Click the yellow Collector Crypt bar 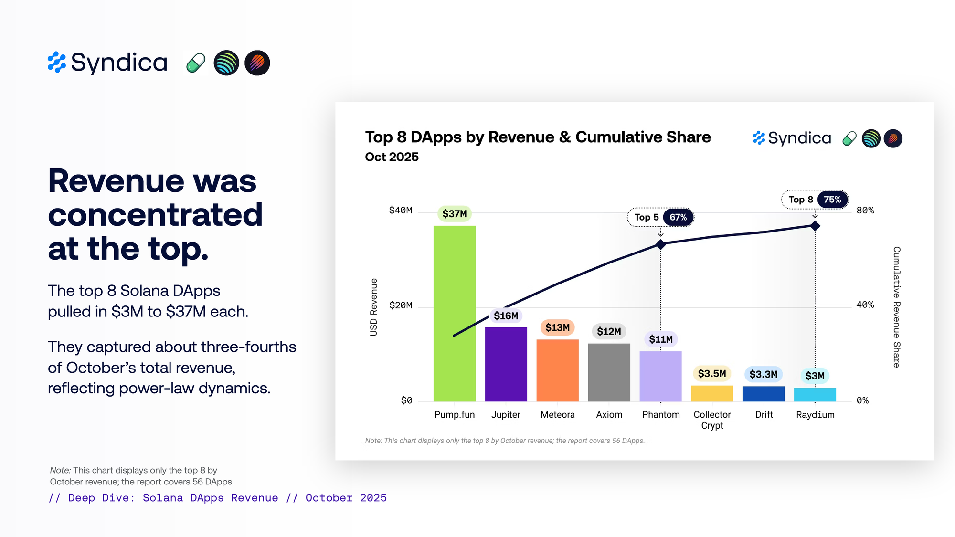point(712,393)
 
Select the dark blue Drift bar point(763,394)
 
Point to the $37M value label point(454,214)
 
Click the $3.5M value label point(711,373)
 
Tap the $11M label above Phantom point(660,339)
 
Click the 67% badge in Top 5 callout point(678,218)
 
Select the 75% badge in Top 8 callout point(832,200)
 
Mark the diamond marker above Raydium point(815,226)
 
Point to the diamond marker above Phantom point(660,244)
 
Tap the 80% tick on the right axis point(865,211)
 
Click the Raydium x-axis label point(815,415)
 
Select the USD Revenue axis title point(373,307)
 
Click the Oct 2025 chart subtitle point(392,157)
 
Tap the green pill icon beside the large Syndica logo point(196,63)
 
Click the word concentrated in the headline point(155,215)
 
